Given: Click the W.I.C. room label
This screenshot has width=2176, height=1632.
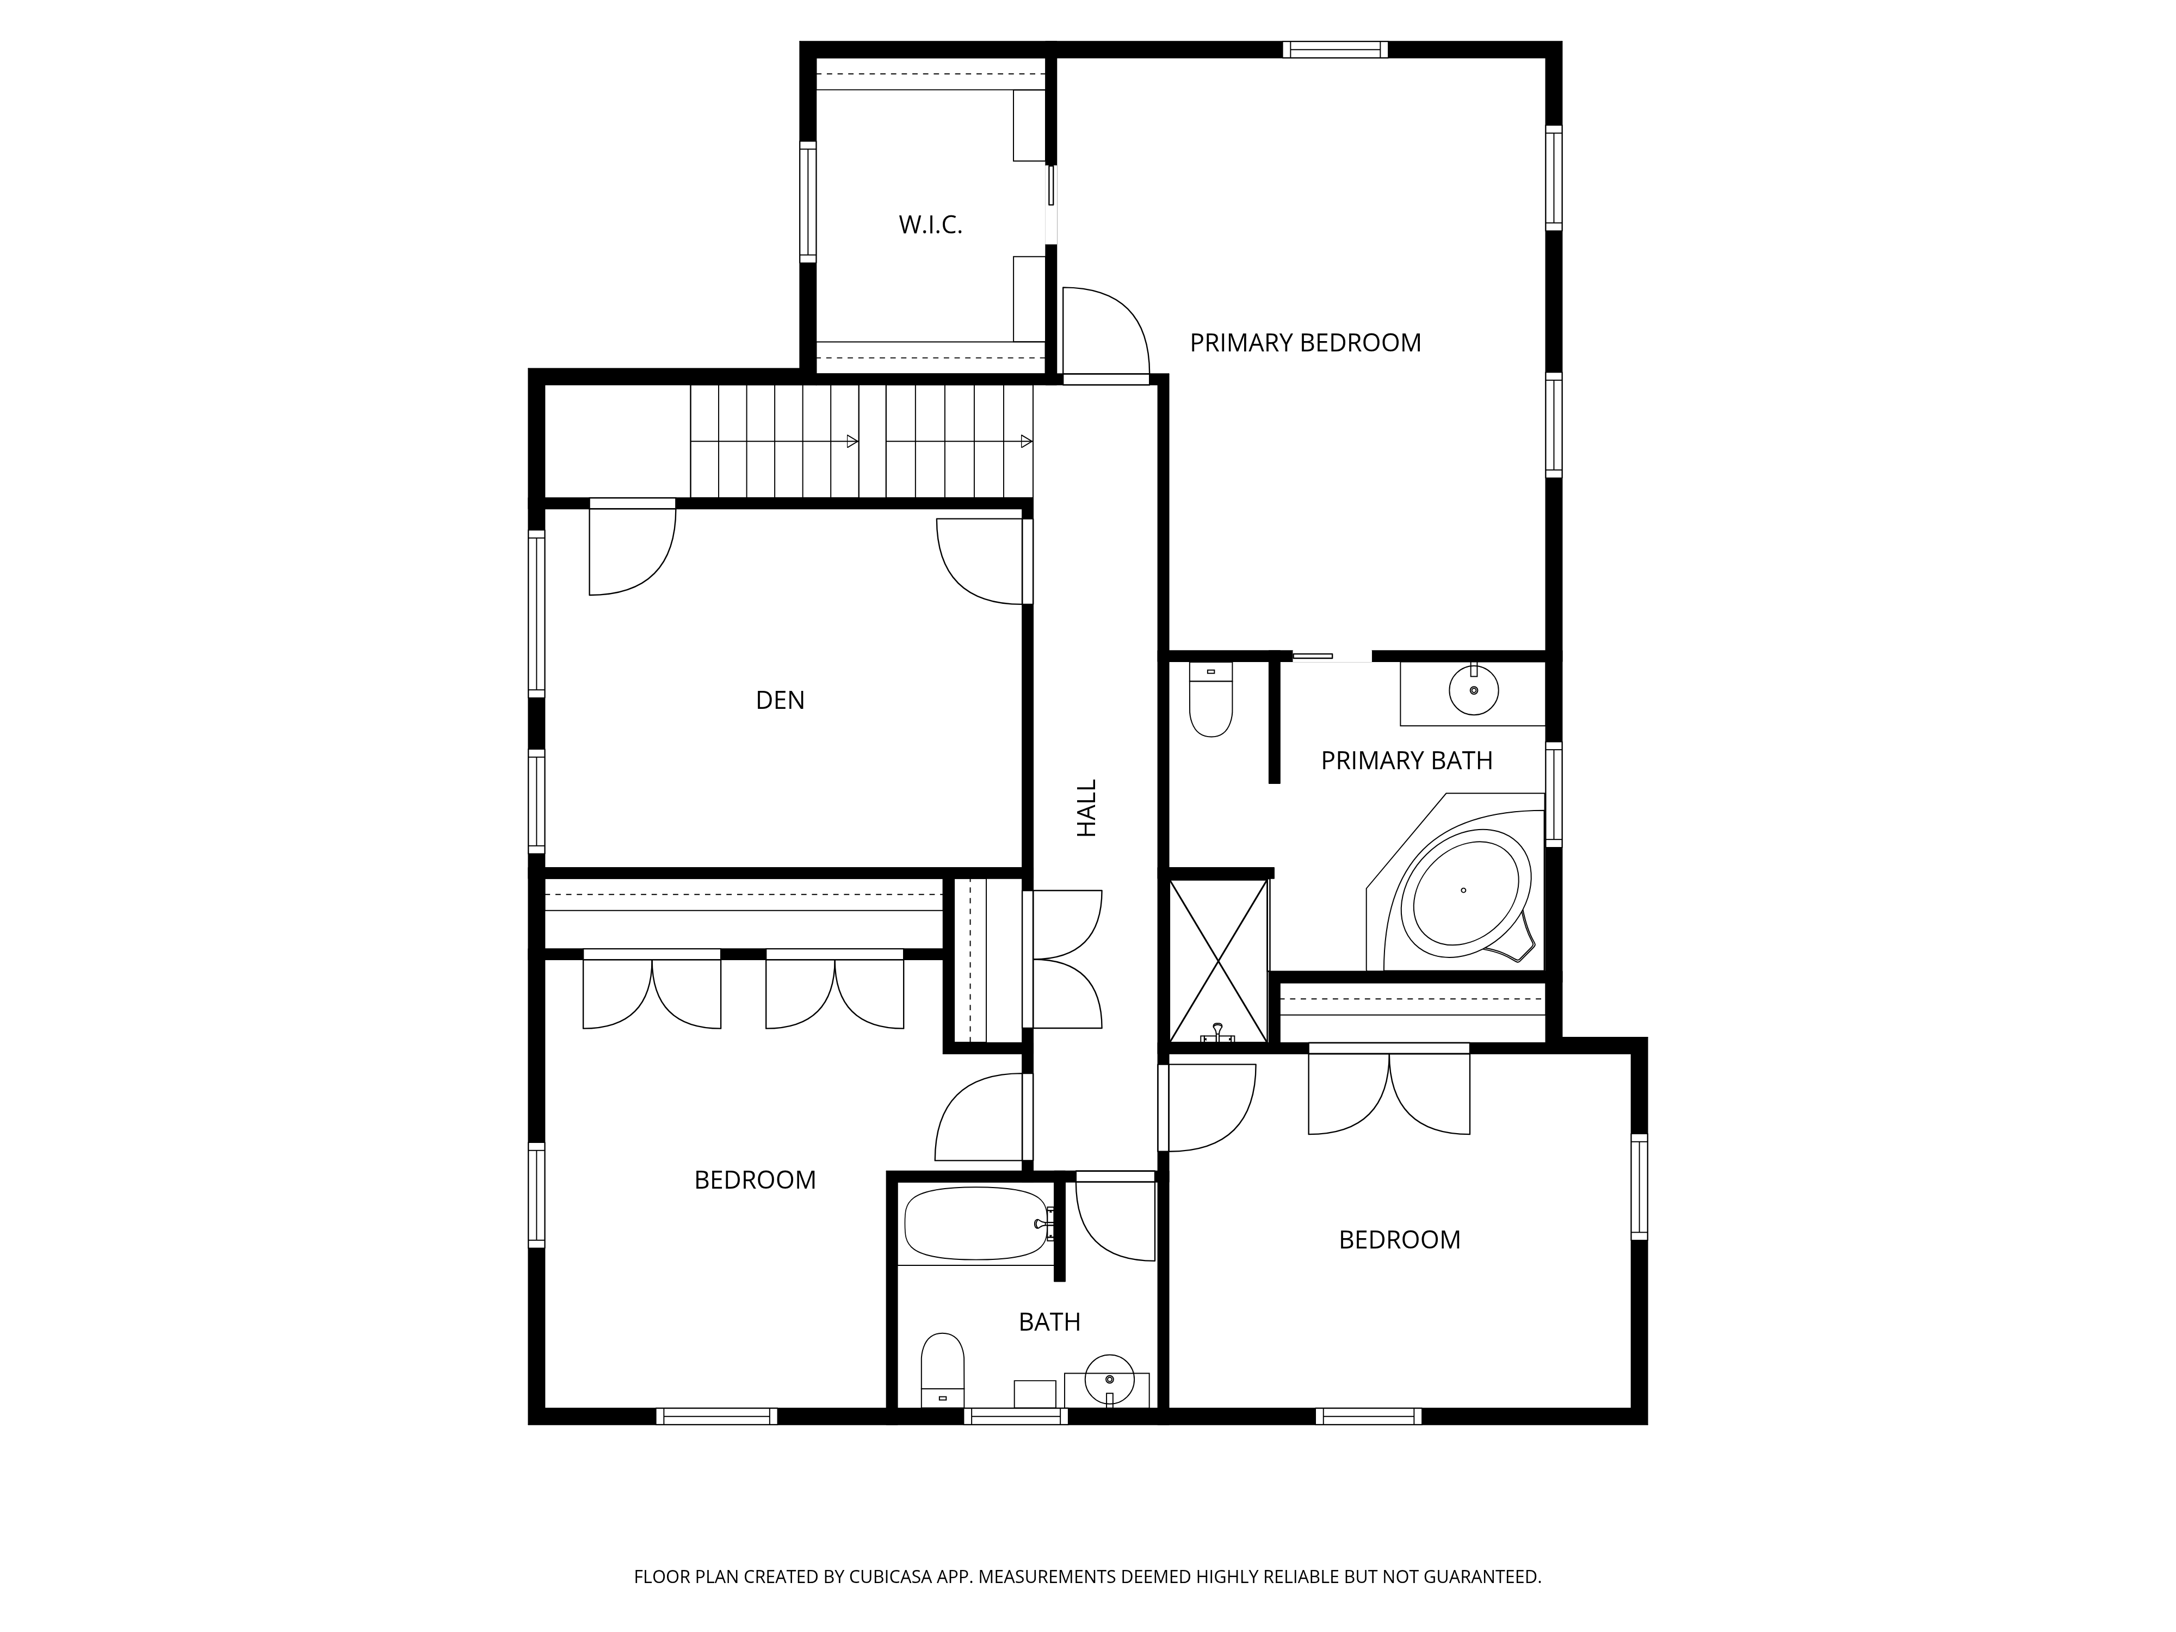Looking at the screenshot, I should pos(930,225).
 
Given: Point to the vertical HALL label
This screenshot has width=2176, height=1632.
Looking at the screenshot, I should pos(1086,808).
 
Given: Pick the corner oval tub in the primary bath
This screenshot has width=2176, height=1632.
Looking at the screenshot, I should pos(1465,891).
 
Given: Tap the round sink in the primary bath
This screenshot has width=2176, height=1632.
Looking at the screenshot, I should pos(1474,690).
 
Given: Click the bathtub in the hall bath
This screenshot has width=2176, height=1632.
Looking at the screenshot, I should pos(976,1224).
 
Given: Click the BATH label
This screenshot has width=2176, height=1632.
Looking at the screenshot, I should pos(1049,1322).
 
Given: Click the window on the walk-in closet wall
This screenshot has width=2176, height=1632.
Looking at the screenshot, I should pos(808,202).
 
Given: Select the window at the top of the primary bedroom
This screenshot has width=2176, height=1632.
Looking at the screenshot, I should pos(1335,49).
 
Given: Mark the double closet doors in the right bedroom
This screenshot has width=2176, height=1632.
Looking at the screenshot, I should pos(1388,1094).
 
